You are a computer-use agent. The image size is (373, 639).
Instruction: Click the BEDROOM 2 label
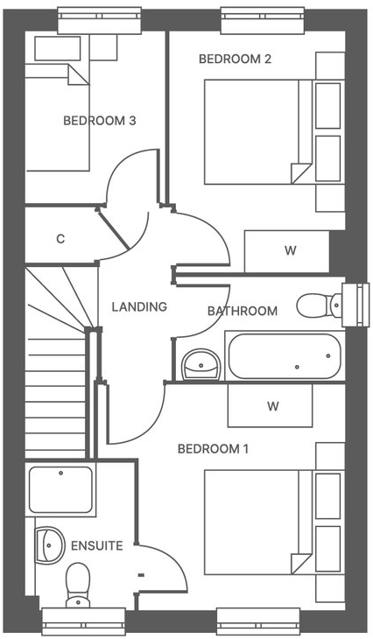[x=235, y=60]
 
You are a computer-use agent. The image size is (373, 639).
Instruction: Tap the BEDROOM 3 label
[x=99, y=121]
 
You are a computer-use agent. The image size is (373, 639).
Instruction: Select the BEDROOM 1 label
[x=213, y=449]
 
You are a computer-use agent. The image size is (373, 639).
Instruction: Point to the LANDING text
[x=139, y=307]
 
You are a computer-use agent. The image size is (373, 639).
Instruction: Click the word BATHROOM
[x=242, y=311]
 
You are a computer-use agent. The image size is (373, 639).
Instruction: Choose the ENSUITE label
[x=97, y=546]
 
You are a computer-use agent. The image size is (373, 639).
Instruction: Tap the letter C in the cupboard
[x=60, y=239]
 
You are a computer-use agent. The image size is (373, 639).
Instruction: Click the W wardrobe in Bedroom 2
[x=290, y=251]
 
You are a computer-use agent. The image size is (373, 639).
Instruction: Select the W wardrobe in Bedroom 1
[x=272, y=406]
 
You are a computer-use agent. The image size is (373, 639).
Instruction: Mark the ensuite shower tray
[x=60, y=489]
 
